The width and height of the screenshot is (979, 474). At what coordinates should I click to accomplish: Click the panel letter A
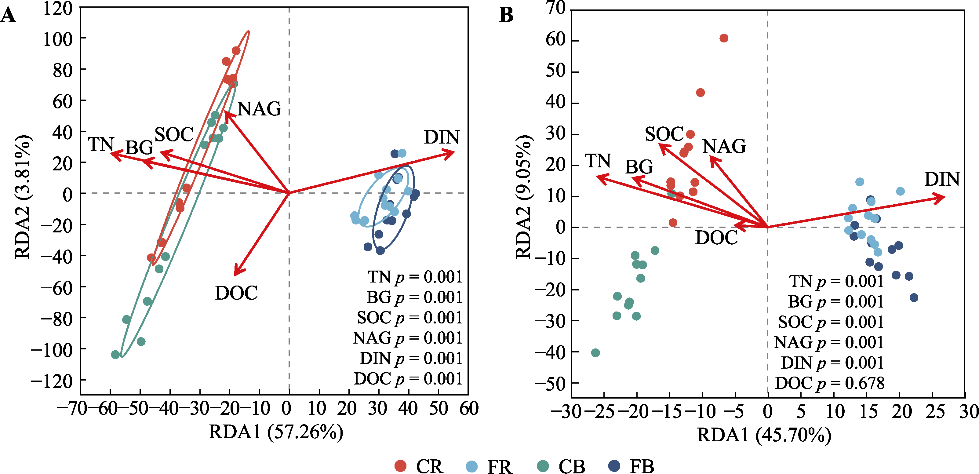tap(8, 16)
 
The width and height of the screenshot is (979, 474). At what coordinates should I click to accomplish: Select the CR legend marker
tap(400, 466)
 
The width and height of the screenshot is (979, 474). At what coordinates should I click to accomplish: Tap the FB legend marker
tap(614, 466)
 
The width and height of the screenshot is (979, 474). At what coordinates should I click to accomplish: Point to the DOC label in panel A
tap(236, 293)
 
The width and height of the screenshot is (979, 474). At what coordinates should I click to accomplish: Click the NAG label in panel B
tap(724, 146)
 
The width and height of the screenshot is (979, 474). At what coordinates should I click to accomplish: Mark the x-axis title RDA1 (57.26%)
tap(276, 432)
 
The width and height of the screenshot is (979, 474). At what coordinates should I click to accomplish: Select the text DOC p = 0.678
tap(830, 383)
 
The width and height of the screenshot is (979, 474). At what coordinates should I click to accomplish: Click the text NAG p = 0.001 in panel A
tap(407, 338)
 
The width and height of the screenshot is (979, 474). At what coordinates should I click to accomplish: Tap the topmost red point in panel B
tap(724, 38)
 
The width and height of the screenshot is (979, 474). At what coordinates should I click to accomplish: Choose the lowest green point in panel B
tap(595, 353)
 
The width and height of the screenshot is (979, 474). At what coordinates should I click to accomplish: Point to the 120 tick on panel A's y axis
tap(57, 8)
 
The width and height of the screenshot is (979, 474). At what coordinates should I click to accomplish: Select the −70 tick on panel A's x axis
tap(72, 409)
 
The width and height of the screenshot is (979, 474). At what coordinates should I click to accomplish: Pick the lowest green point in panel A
tap(115, 355)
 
